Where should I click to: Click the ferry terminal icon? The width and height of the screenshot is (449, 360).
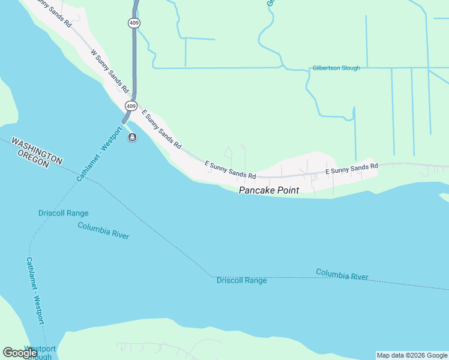pos(131,138)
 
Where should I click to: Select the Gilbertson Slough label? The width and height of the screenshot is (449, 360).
pos(336,68)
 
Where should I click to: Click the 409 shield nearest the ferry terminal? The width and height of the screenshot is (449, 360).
pos(131,106)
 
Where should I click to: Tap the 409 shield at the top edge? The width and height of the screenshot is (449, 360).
pos(133,22)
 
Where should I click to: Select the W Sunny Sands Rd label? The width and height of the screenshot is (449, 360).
pos(110,71)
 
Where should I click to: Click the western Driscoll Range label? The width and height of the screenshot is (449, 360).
pos(63,213)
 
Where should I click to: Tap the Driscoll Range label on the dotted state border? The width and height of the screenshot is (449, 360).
pos(241,280)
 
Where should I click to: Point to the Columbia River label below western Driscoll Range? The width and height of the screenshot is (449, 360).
pos(103,230)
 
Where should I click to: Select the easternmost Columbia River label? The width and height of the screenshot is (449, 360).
pos(342,275)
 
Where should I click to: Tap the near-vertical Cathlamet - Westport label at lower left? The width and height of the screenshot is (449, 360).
pos(35,291)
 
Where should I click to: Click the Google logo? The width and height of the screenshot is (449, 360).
pos(20,353)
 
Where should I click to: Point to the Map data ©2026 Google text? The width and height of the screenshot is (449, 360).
pos(411,355)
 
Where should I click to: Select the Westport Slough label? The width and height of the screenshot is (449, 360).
pos(40,353)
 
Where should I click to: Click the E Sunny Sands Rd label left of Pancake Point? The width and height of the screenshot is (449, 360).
pos(231,170)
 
